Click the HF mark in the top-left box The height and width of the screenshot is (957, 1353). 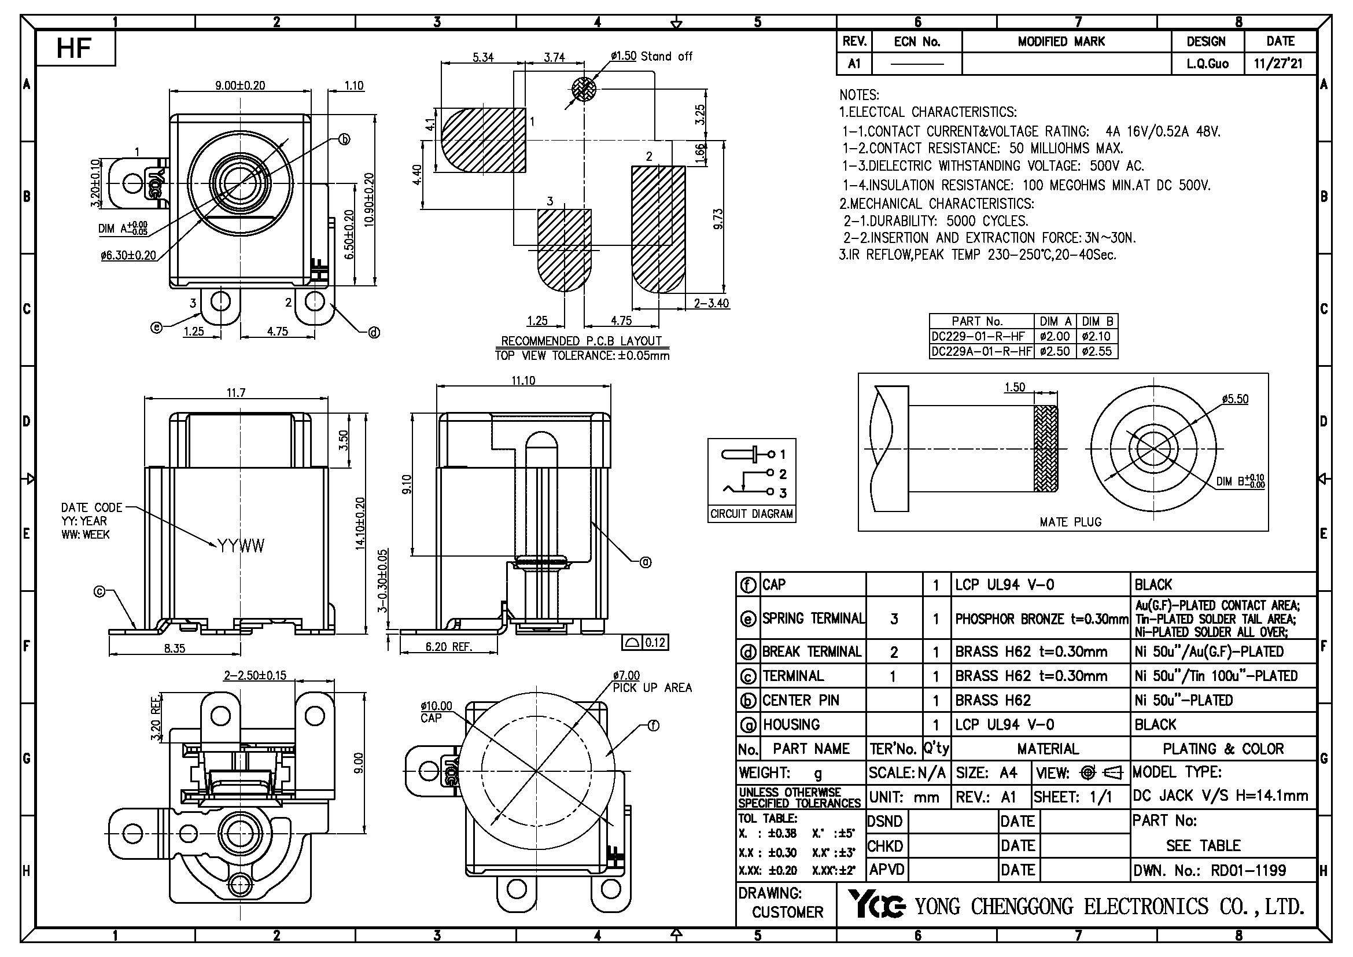(x=73, y=47)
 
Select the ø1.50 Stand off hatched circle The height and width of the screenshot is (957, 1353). (x=584, y=90)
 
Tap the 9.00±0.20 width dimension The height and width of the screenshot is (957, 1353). (x=240, y=86)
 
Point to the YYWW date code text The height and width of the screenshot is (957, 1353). (x=241, y=546)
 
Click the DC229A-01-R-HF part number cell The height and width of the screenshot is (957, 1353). (x=981, y=352)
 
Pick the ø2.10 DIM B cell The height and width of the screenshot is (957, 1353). (x=1096, y=337)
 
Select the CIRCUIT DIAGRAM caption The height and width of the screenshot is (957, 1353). (x=751, y=514)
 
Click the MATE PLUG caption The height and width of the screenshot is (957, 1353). (x=1070, y=522)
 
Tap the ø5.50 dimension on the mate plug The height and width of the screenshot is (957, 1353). (x=1234, y=399)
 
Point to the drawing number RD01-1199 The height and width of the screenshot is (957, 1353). (x=1248, y=870)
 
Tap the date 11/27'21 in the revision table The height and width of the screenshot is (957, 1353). (x=1278, y=64)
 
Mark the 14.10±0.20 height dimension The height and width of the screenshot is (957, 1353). (x=360, y=524)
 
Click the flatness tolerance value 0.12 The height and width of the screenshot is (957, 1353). (x=655, y=642)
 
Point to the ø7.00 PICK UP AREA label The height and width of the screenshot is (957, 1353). (x=651, y=682)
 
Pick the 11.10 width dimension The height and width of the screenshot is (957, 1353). (x=523, y=381)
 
